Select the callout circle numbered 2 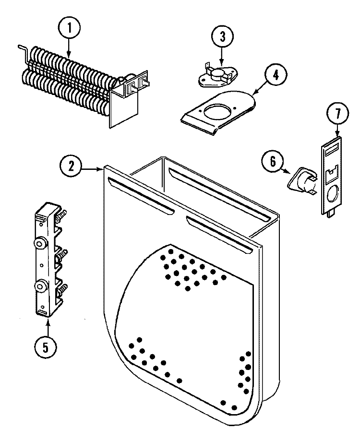tap(71, 167)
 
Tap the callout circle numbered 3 tap(222, 36)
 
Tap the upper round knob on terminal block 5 tap(40, 243)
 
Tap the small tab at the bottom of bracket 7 tap(330, 215)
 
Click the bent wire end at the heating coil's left tap(22, 48)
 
